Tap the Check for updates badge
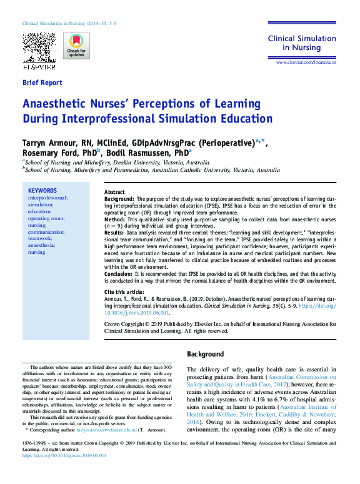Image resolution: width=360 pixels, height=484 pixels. pyautogui.click(x=76, y=46)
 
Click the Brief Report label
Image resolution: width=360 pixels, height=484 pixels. pyautogui.click(x=42, y=83)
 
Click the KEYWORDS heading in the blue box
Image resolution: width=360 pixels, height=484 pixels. pyautogui.click(x=42, y=191)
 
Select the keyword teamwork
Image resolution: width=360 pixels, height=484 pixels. pyautogui.click(x=40, y=238)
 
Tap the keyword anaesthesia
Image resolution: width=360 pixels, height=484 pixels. pyautogui.click(x=41, y=245)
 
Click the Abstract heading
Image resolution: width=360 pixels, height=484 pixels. pyautogui.click(x=114, y=191)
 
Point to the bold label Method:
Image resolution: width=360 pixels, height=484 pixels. pyautogui.click(x=117, y=221)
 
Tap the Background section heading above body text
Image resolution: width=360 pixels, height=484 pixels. pyautogui.click(x=206, y=355)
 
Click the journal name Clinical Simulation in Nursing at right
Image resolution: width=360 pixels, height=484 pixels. pyautogui.click(x=302, y=43)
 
